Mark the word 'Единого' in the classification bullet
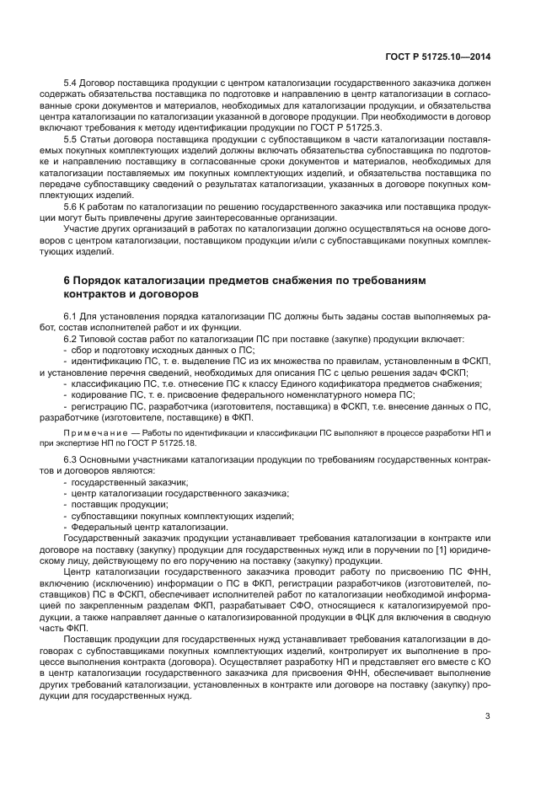[299, 383]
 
